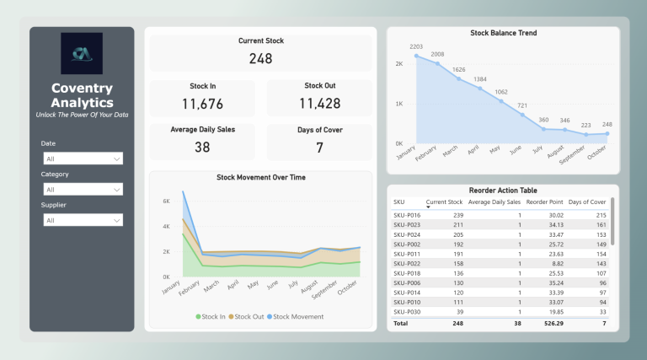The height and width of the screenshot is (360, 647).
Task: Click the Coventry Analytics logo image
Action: [82, 54]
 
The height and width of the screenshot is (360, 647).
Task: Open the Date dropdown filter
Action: [82, 159]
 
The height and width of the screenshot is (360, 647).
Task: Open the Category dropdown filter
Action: [82, 190]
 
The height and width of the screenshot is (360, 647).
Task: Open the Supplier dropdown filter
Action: [82, 220]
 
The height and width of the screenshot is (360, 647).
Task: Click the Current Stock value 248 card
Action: [260, 58]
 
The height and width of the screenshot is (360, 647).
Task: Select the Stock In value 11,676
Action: [201, 104]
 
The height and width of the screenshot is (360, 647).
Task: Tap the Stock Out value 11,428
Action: [319, 104]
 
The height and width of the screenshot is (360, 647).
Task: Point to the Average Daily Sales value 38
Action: [201, 147]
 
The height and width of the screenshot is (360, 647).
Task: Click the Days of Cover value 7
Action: [319, 148]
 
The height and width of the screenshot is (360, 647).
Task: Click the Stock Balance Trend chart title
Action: [503, 33]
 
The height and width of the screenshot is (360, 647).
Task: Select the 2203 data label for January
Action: [415, 46]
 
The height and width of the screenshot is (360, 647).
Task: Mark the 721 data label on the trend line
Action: [523, 105]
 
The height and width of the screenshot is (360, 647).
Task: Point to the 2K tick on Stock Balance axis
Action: [398, 64]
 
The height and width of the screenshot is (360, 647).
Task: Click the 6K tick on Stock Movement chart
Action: [166, 201]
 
